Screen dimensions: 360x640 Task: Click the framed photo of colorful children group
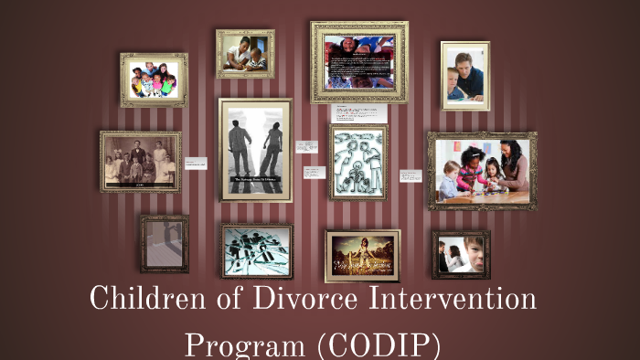(154, 80)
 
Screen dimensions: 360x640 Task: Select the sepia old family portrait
(140, 162)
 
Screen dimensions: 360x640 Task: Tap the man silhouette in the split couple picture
(240, 148)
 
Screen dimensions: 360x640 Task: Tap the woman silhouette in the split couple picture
(272, 150)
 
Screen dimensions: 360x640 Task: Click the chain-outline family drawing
(358, 162)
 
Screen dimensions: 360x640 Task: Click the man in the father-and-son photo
(472, 72)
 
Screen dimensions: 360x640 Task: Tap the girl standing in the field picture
(363, 254)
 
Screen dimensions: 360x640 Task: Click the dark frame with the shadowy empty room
(165, 243)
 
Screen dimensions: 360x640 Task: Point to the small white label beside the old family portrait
(196, 164)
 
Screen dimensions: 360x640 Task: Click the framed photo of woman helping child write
(245, 54)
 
